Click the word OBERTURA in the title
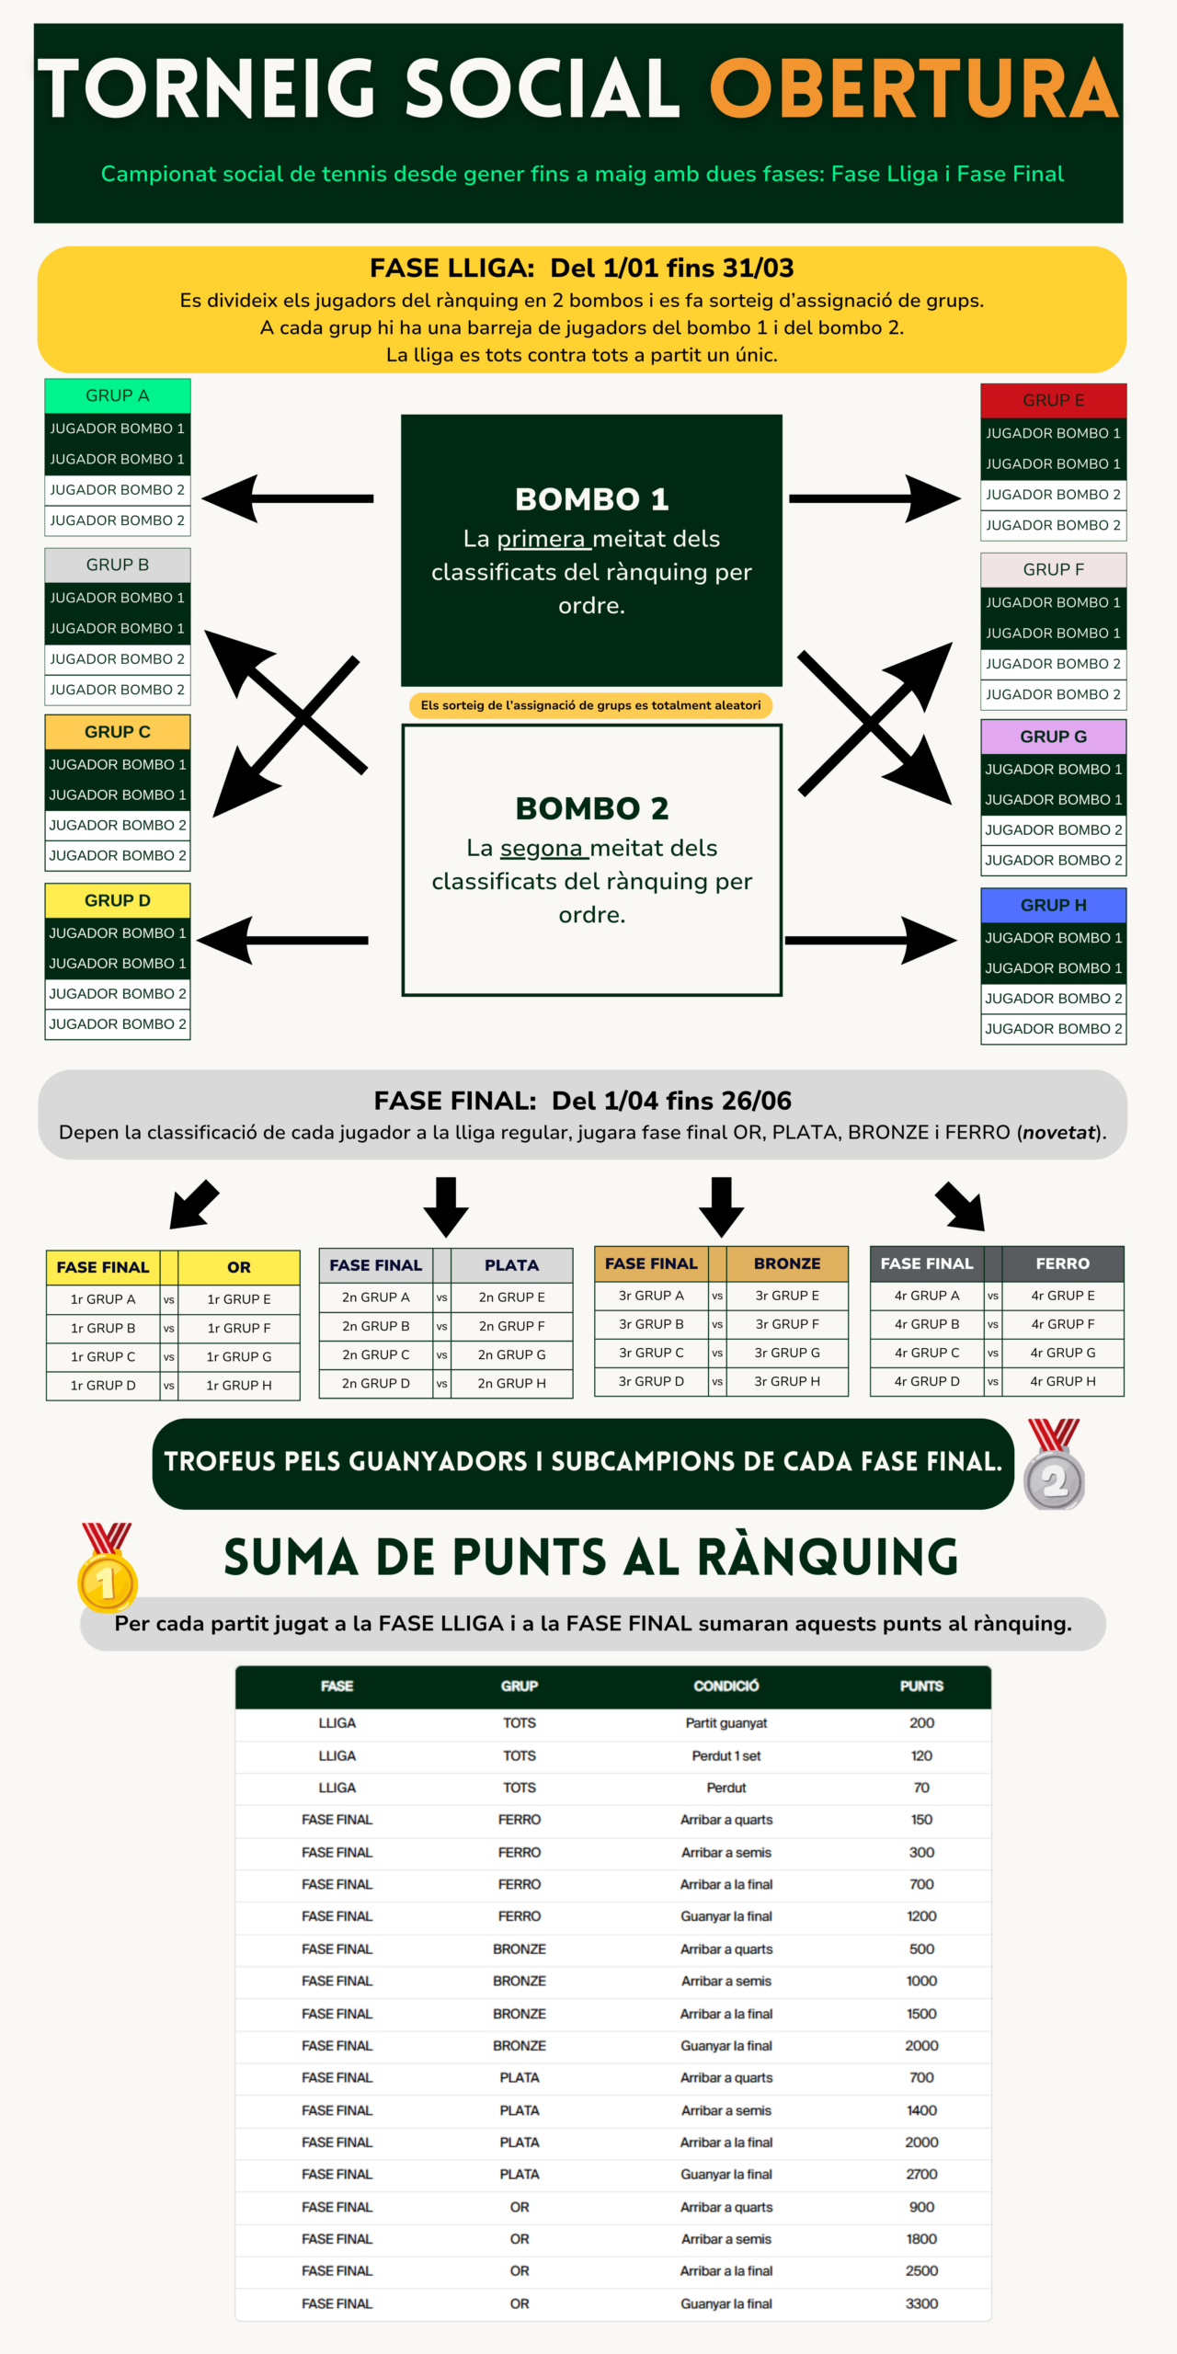pyautogui.click(x=913, y=89)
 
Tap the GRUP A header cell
pyautogui.click(x=117, y=395)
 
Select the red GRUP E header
pyautogui.click(x=1053, y=400)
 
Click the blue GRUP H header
pyautogui.click(x=1053, y=905)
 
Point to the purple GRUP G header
pyautogui.click(x=1053, y=737)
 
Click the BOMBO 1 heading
pyautogui.click(x=591, y=499)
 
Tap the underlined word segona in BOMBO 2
pyautogui.click(x=542, y=848)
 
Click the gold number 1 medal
pyautogui.click(x=108, y=1569)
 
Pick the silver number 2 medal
pyautogui.click(x=1054, y=1466)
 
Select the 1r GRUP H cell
pyautogui.click(x=239, y=1385)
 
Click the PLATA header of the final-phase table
pyautogui.click(x=511, y=1265)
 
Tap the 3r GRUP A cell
pyautogui.click(x=651, y=1295)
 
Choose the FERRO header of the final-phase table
pyautogui.click(x=1062, y=1263)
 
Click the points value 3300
pyautogui.click(x=921, y=2303)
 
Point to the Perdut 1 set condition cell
pyautogui.click(x=726, y=1755)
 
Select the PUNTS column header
pyautogui.click(x=921, y=1686)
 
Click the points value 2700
pyautogui.click(x=921, y=2174)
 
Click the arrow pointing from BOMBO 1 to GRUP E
pyautogui.click(x=874, y=498)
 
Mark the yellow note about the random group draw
pyautogui.click(x=590, y=705)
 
